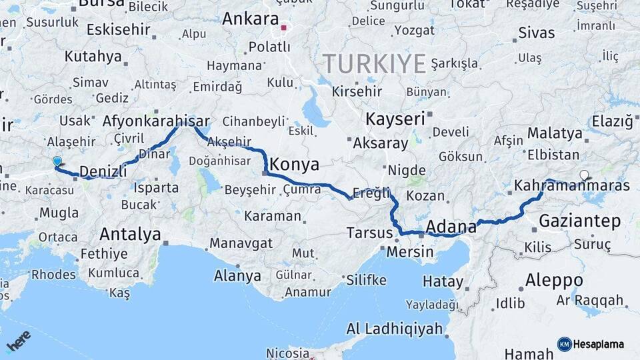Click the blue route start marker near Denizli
point(57,161)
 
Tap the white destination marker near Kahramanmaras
point(584,175)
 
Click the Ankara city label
point(249,19)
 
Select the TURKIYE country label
point(374,64)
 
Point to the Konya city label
point(293,165)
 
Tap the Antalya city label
point(130,235)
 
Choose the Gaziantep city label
point(579,221)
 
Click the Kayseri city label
point(395,119)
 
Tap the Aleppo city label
point(553,280)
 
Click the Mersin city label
point(410,252)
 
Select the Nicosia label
point(287,353)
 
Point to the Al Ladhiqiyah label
point(395,329)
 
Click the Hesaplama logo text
point(599,344)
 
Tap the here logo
point(19,341)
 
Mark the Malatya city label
point(555,133)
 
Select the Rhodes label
point(53,275)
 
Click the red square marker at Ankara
point(284,28)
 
